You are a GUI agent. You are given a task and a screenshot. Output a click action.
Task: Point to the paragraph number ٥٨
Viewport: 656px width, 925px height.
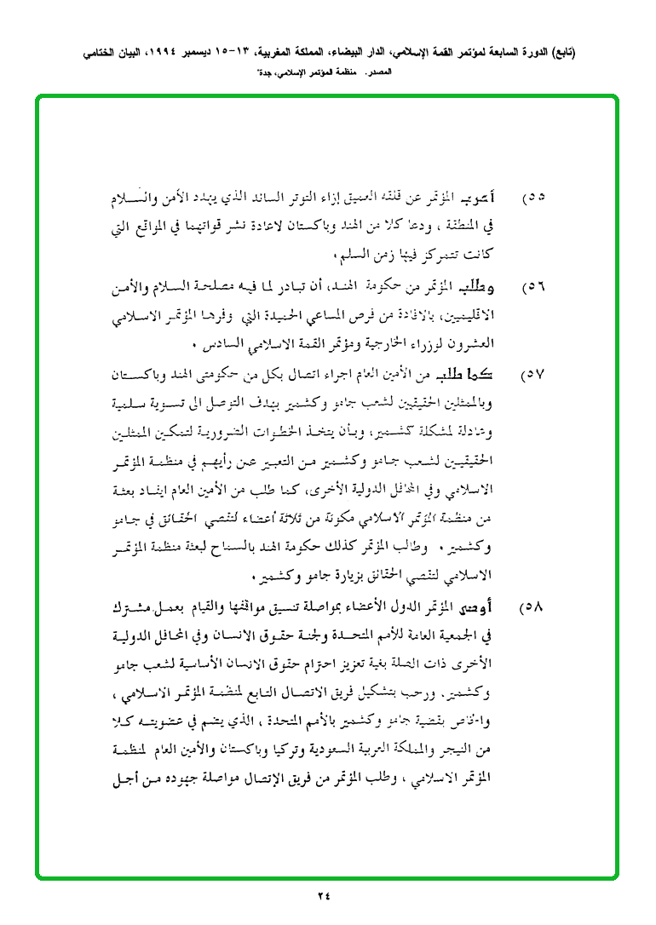(x=533, y=610)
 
